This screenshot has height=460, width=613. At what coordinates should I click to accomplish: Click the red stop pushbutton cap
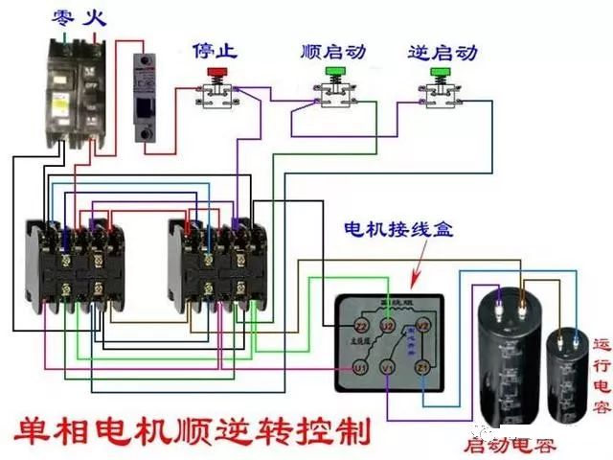point(217,73)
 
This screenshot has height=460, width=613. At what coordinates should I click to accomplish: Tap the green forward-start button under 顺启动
point(334,72)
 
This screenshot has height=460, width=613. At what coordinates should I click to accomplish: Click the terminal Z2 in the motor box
point(360,326)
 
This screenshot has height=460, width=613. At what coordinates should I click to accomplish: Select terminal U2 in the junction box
point(388,326)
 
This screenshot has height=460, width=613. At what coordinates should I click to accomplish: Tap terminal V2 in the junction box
point(421,326)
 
